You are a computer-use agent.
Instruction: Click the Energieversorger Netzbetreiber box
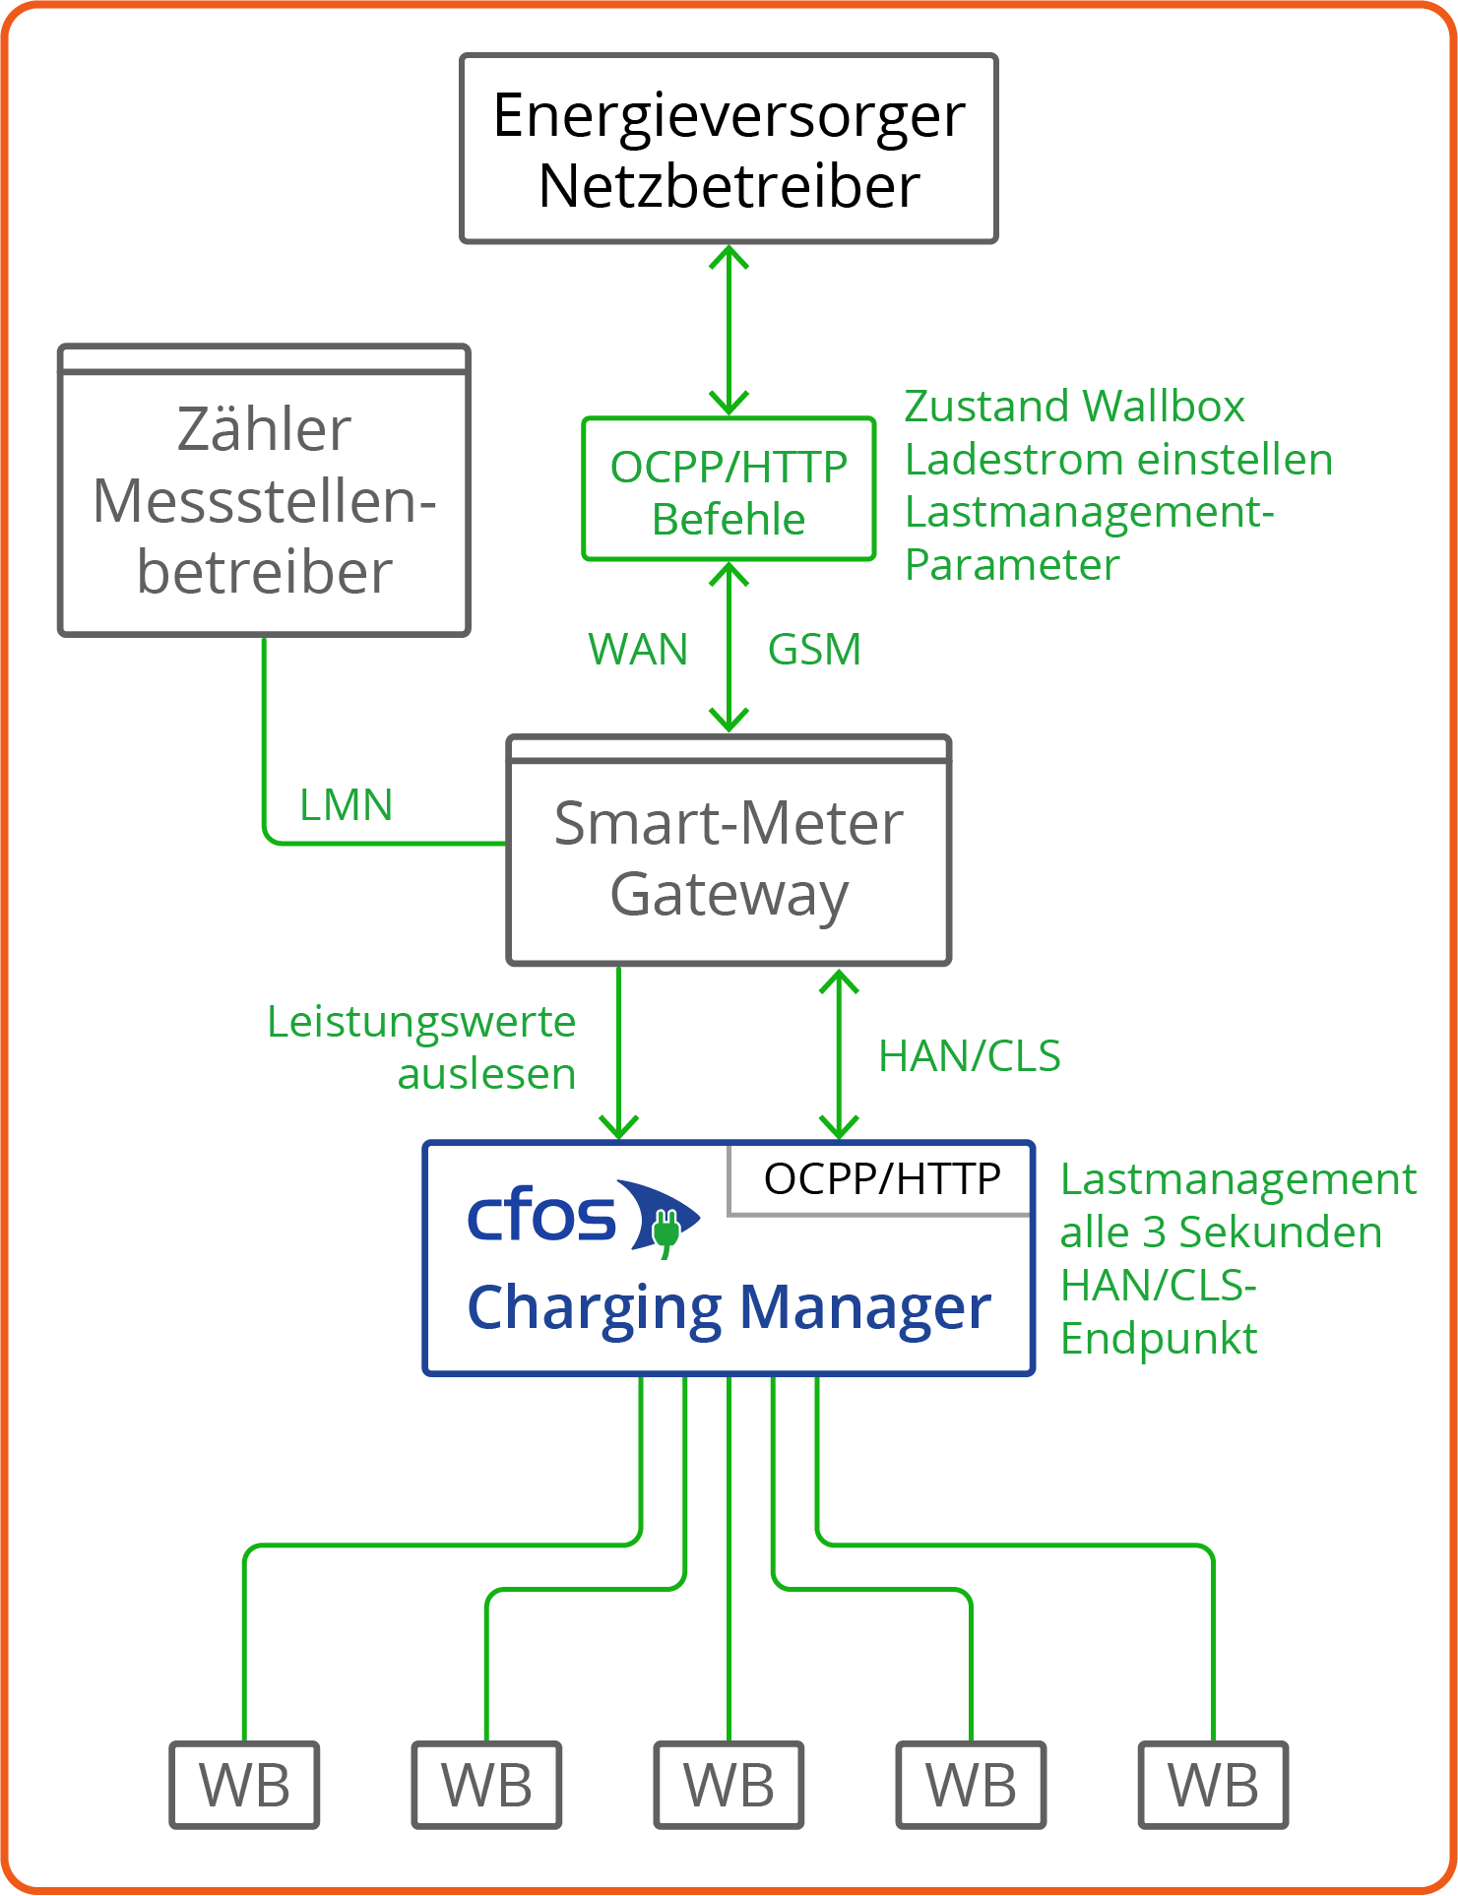click(729, 149)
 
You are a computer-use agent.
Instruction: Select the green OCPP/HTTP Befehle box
click(729, 489)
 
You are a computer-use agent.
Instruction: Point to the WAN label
click(638, 650)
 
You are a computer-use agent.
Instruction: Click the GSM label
click(814, 650)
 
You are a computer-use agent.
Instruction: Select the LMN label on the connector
click(346, 805)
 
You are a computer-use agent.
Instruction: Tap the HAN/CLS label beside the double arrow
click(969, 1056)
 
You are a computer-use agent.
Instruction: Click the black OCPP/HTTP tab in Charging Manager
click(881, 1178)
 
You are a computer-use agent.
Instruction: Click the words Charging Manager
click(729, 1307)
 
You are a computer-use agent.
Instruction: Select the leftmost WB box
click(244, 1786)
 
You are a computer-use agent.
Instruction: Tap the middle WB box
click(729, 1786)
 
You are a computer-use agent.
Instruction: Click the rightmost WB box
click(1213, 1786)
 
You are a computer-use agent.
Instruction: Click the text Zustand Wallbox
click(1074, 407)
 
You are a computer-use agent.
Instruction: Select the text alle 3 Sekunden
click(1221, 1232)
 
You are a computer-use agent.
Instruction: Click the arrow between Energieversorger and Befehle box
click(729, 331)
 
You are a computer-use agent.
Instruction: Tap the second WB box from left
click(486, 1786)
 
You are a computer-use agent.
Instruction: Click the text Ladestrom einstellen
click(1118, 460)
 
